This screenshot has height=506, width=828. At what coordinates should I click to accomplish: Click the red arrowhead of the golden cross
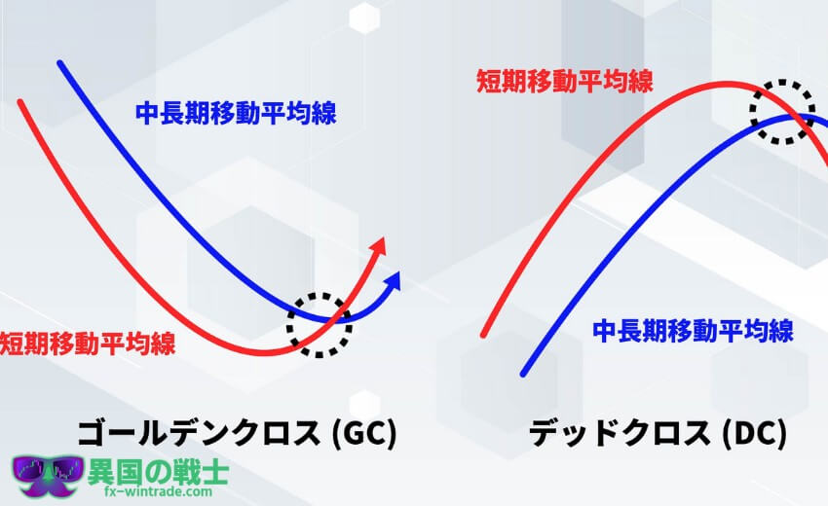click(x=379, y=247)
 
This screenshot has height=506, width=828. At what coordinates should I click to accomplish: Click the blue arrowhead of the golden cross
click(x=393, y=280)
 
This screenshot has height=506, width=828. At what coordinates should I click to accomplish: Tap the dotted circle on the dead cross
click(x=752, y=112)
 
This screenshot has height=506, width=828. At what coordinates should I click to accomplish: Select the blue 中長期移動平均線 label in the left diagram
click(x=236, y=114)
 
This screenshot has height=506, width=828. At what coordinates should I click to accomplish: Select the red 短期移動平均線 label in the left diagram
click(x=88, y=343)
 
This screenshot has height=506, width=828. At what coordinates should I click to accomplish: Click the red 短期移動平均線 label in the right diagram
click(x=565, y=82)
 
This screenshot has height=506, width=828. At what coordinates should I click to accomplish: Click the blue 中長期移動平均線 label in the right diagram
click(x=693, y=331)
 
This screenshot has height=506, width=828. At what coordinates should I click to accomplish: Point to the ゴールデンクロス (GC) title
click(x=237, y=434)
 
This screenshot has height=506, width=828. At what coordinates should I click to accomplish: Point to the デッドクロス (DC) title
click(x=658, y=434)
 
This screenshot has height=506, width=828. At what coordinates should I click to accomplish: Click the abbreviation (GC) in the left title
click(x=364, y=434)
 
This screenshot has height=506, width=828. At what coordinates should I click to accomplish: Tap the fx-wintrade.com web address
click(x=159, y=491)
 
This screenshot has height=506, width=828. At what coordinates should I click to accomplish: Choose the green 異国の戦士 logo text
click(x=158, y=472)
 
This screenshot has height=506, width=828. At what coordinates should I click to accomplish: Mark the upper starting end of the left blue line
click(x=60, y=64)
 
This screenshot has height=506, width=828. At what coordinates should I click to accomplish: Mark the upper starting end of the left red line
click(x=21, y=102)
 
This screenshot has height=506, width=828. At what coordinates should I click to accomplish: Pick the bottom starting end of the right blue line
click(x=523, y=373)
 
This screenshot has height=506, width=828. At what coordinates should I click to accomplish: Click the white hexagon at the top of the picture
click(x=364, y=18)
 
